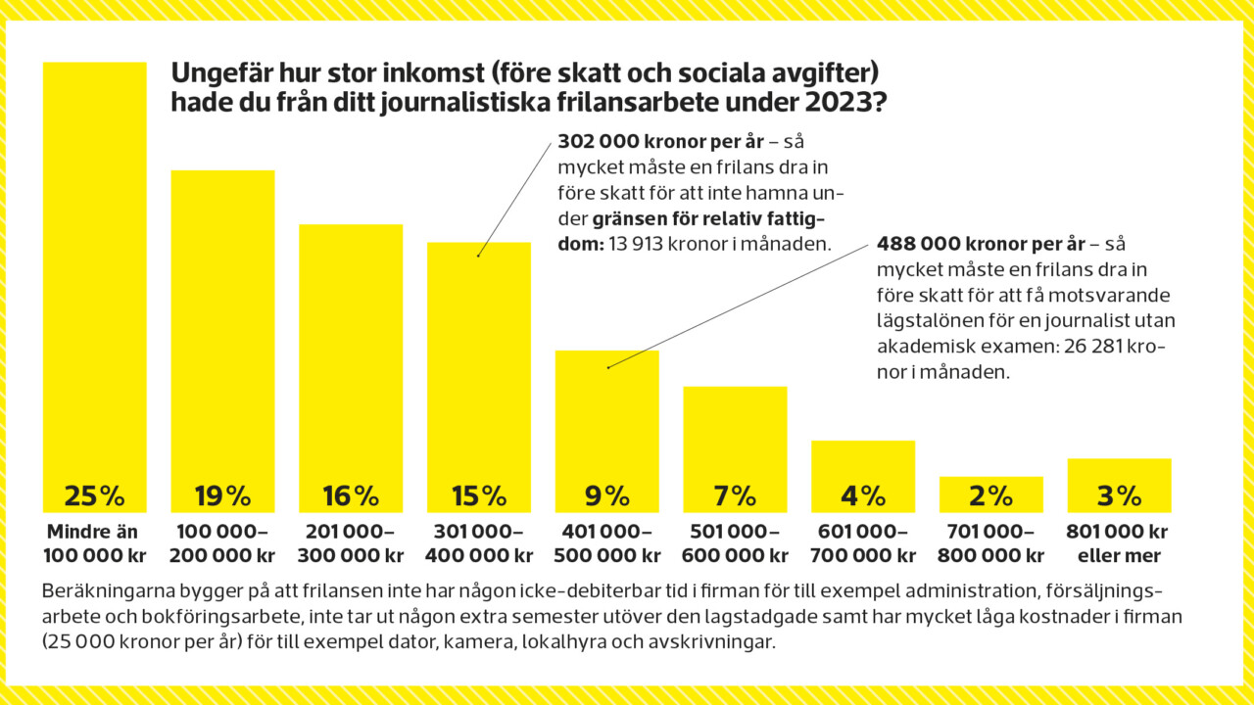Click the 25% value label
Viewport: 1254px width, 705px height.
pyautogui.click(x=94, y=496)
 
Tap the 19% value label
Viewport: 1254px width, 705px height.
pyautogui.click(x=222, y=496)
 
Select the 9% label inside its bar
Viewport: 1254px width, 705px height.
pyautogui.click(x=606, y=496)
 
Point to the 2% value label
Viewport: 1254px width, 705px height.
pyautogui.click(x=990, y=496)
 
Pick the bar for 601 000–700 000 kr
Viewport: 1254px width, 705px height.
pyautogui.click(x=863, y=465)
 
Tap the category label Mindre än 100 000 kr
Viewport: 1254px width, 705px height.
pyautogui.click(x=94, y=544)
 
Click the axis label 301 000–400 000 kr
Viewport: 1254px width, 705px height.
pyautogui.click(x=479, y=544)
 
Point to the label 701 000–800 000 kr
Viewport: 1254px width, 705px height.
pyautogui.click(x=990, y=544)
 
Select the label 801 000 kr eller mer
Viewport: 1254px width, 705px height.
pyautogui.click(x=1119, y=544)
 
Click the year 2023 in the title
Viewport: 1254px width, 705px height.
pyautogui.click(x=838, y=102)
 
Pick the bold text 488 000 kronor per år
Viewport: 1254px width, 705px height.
pyautogui.click(x=981, y=244)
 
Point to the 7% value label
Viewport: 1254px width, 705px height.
pyautogui.click(x=735, y=496)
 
